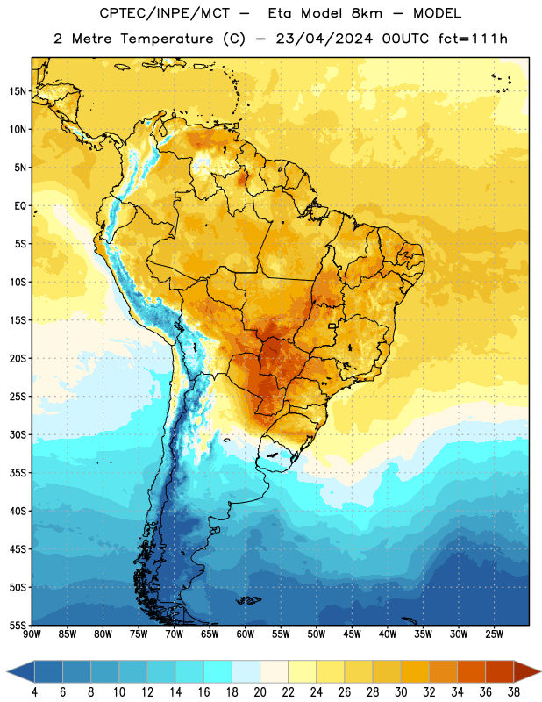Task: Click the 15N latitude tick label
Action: click(x=18, y=91)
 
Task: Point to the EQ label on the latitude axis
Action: click(x=20, y=206)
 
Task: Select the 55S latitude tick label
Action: click(x=18, y=625)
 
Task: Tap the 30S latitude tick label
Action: click(x=18, y=434)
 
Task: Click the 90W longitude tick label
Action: click(x=32, y=634)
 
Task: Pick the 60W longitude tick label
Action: click(x=246, y=634)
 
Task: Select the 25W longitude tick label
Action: click(x=494, y=634)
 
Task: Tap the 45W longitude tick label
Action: click(x=352, y=634)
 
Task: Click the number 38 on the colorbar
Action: click(x=513, y=692)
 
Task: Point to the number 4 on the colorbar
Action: click(x=34, y=692)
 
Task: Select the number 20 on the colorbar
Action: click(x=260, y=692)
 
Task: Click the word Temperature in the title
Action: click(x=167, y=39)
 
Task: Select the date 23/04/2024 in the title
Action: click(x=324, y=39)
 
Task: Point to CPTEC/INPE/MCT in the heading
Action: click(x=164, y=13)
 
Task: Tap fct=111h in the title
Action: click(x=473, y=39)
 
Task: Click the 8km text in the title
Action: click(x=367, y=13)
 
